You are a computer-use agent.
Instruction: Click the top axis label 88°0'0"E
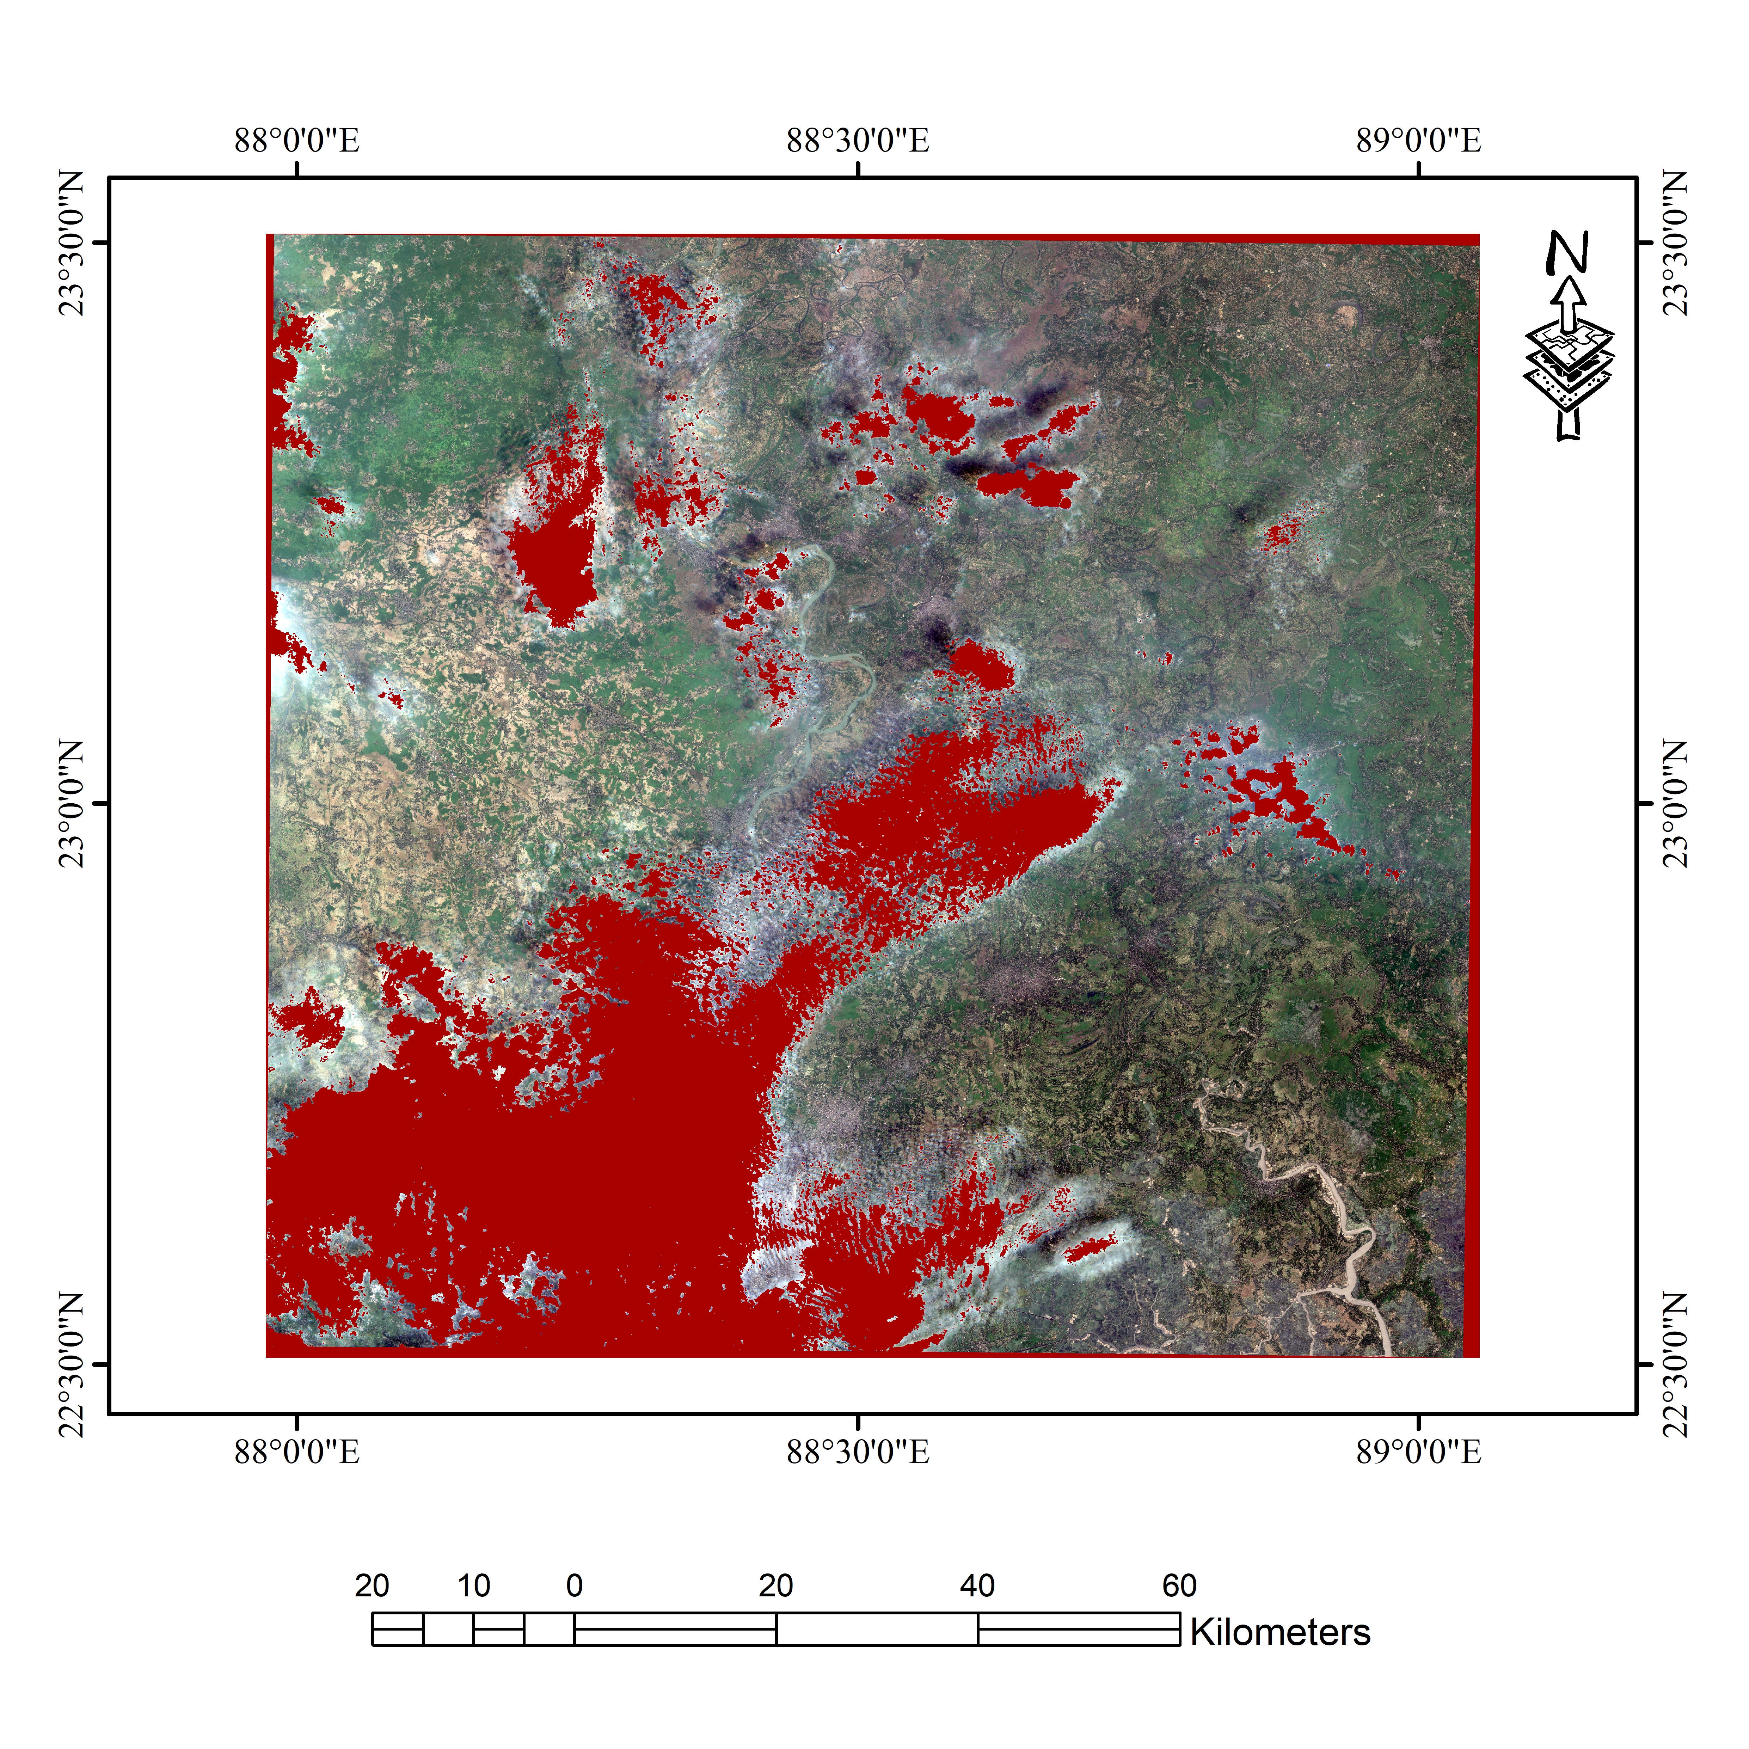pyautogui.click(x=297, y=141)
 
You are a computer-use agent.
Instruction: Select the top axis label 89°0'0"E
pyautogui.click(x=1419, y=141)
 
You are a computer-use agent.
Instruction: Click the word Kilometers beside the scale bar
pyautogui.click(x=1280, y=1632)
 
